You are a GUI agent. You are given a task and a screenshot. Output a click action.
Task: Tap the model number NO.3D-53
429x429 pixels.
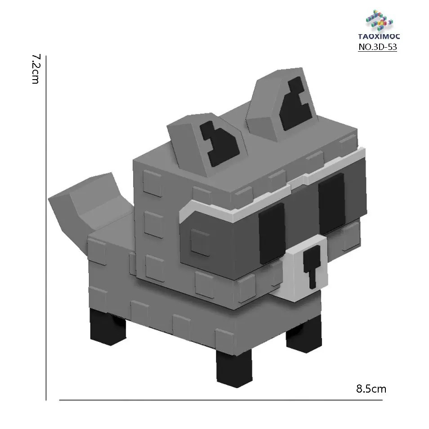pyautogui.click(x=377, y=47)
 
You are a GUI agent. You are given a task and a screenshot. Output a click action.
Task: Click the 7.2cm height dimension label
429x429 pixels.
pyautogui.click(x=36, y=70)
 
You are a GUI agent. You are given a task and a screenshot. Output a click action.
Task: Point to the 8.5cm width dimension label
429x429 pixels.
pyautogui.click(x=371, y=389)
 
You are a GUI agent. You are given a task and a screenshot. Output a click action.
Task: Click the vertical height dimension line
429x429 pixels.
pyautogui.click(x=46, y=225)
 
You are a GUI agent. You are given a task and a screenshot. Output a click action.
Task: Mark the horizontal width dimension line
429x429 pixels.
pyautogui.click(x=220, y=400)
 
